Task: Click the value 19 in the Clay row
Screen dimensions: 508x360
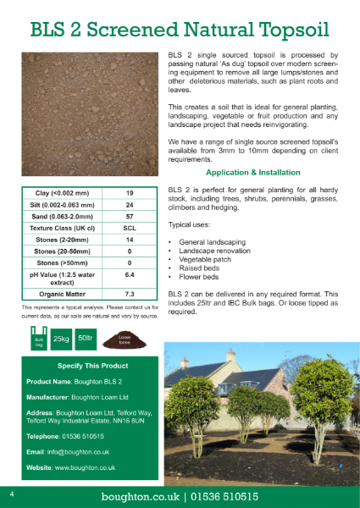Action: [130, 193]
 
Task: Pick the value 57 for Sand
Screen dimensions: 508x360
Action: [130, 217]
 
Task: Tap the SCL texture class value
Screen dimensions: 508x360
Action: [130, 229]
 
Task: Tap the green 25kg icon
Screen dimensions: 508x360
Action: [60, 339]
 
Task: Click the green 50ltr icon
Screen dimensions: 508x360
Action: [85, 338]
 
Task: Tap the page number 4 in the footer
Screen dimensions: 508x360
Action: [12, 493]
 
